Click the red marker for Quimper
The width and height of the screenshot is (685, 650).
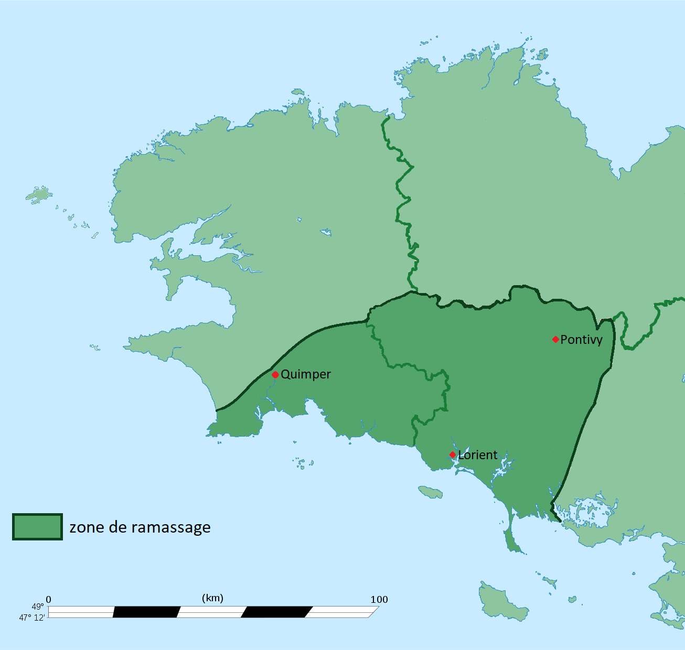tap(275, 375)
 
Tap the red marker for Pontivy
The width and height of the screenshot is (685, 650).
tap(555, 340)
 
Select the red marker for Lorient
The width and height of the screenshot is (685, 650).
tap(453, 454)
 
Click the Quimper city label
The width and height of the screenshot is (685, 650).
tap(306, 374)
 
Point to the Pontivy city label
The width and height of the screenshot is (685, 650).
tap(581, 340)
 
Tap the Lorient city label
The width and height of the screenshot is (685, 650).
tap(478, 455)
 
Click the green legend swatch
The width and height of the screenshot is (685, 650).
tap(37, 527)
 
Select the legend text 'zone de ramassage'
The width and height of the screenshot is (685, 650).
tap(140, 527)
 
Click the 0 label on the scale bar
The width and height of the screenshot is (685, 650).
tap(49, 600)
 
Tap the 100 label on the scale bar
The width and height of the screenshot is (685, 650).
tap(379, 600)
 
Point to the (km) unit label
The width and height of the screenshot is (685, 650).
tap(212, 598)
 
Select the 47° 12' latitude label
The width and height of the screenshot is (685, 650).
tap(32, 617)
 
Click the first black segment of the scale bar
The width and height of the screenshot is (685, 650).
tap(146, 612)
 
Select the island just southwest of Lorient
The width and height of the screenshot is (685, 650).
tap(430, 492)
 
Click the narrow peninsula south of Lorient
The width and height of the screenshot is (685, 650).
tap(512, 537)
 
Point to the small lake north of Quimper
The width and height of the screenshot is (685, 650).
tap(326, 232)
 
